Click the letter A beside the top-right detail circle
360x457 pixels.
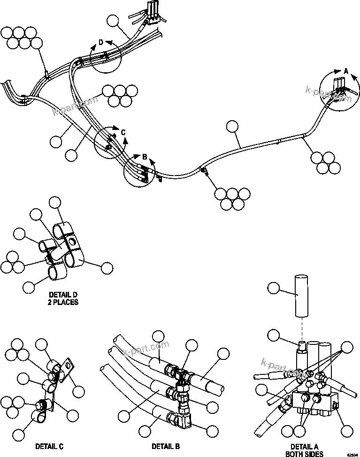point(346,70)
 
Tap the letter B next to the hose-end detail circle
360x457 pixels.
point(145,156)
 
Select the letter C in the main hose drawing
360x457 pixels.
point(123,133)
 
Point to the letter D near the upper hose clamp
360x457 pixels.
point(100,43)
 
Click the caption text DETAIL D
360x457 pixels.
point(62,295)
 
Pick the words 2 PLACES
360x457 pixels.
point(62,303)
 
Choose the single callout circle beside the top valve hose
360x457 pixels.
point(113,21)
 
